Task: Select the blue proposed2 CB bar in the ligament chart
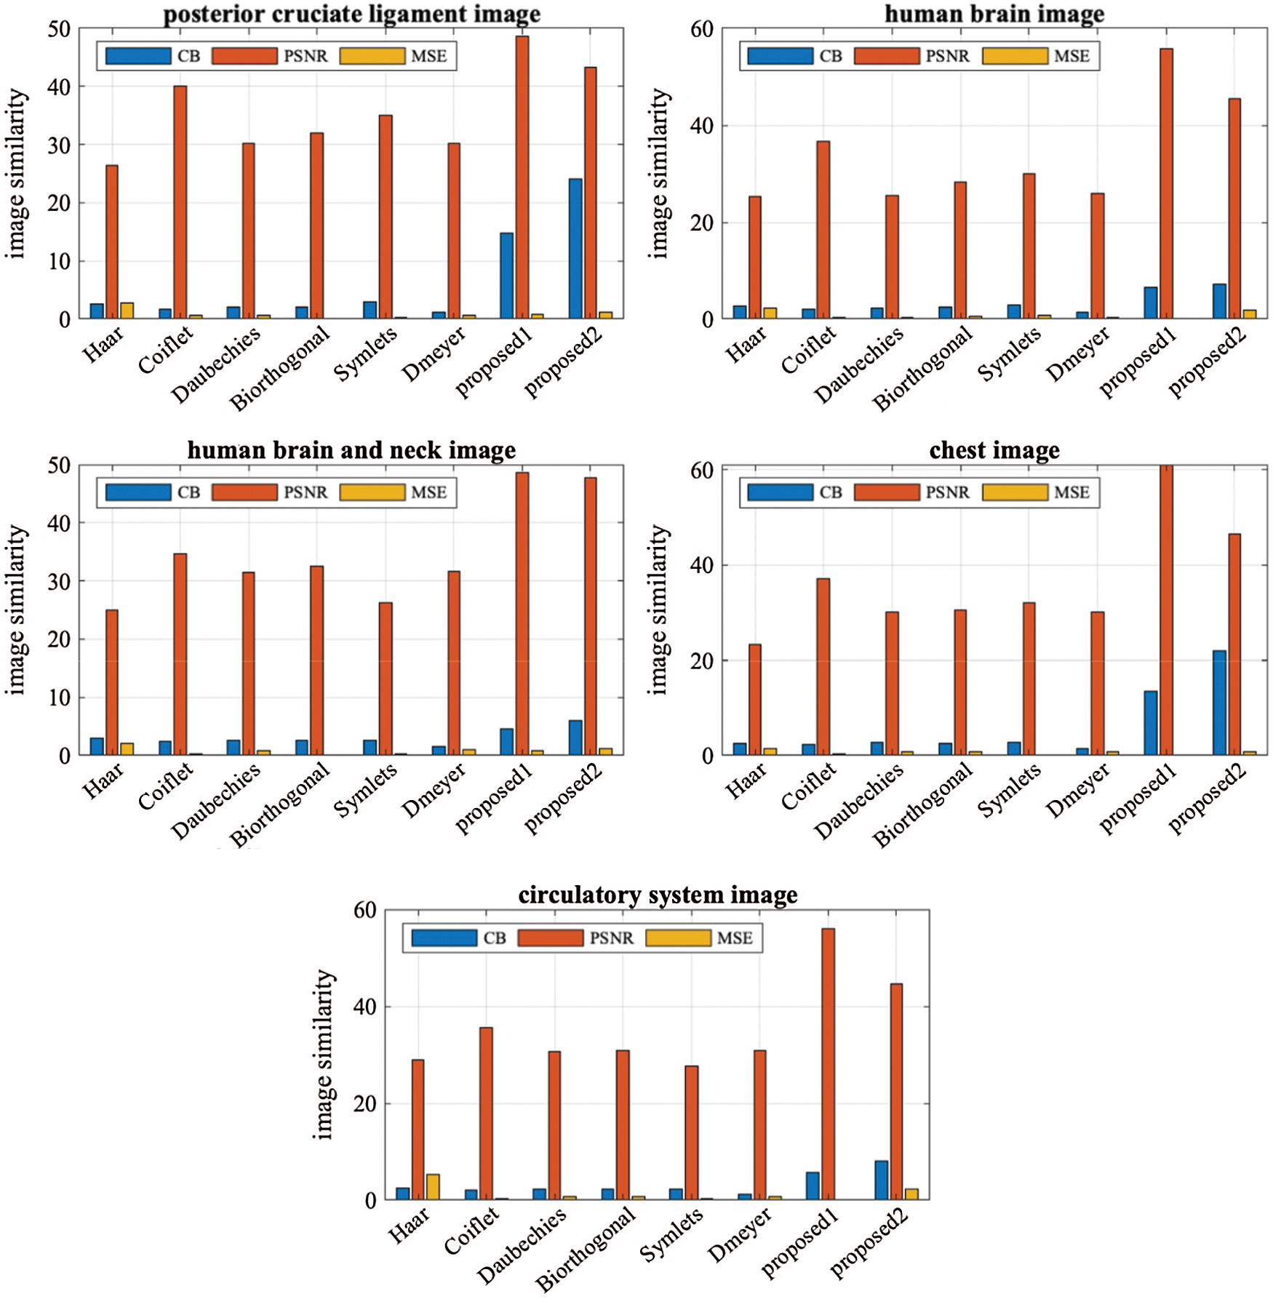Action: pos(575,248)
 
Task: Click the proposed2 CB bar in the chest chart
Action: pos(1219,703)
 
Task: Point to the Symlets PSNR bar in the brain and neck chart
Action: pos(386,678)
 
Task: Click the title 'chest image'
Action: pos(994,450)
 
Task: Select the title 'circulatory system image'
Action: pos(658,895)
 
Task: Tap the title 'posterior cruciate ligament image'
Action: pos(351,14)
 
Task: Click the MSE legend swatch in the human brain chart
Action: pos(1015,56)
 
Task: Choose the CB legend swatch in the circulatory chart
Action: pos(444,938)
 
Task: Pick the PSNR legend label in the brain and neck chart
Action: pos(306,492)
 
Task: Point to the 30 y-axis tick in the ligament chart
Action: pos(59,145)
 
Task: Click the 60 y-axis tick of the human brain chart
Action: pos(702,29)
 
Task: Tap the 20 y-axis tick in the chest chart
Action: pos(702,660)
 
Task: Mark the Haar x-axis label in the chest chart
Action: pos(746,780)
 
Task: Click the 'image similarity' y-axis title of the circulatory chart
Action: pos(324,1054)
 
